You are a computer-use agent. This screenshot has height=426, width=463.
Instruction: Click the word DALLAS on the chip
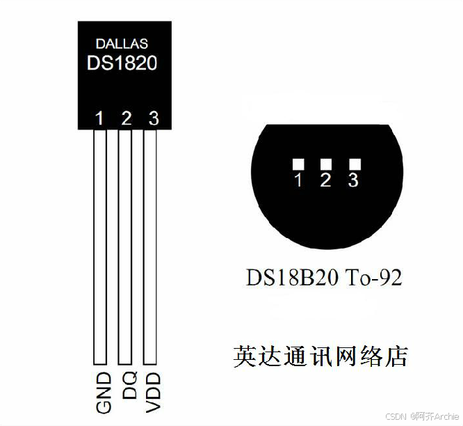click(x=122, y=44)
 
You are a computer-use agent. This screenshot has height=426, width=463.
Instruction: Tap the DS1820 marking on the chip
click(x=122, y=63)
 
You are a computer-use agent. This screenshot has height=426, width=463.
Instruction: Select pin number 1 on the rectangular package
click(x=99, y=118)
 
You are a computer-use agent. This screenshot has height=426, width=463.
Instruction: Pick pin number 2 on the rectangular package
click(x=126, y=118)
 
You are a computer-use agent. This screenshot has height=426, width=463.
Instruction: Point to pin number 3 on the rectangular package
click(x=153, y=118)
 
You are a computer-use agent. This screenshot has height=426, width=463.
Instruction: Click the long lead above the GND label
click(x=99, y=244)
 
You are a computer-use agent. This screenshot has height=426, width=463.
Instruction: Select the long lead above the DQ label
click(x=125, y=244)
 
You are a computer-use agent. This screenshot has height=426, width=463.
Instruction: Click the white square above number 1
click(x=298, y=164)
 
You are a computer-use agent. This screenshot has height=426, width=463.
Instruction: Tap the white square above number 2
click(x=325, y=164)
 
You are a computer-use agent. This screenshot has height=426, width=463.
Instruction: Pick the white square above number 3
click(x=355, y=164)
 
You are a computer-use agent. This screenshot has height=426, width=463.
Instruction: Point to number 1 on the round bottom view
click(x=298, y=181)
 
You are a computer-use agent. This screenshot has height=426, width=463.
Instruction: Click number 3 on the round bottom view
click(x=353, y=181)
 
